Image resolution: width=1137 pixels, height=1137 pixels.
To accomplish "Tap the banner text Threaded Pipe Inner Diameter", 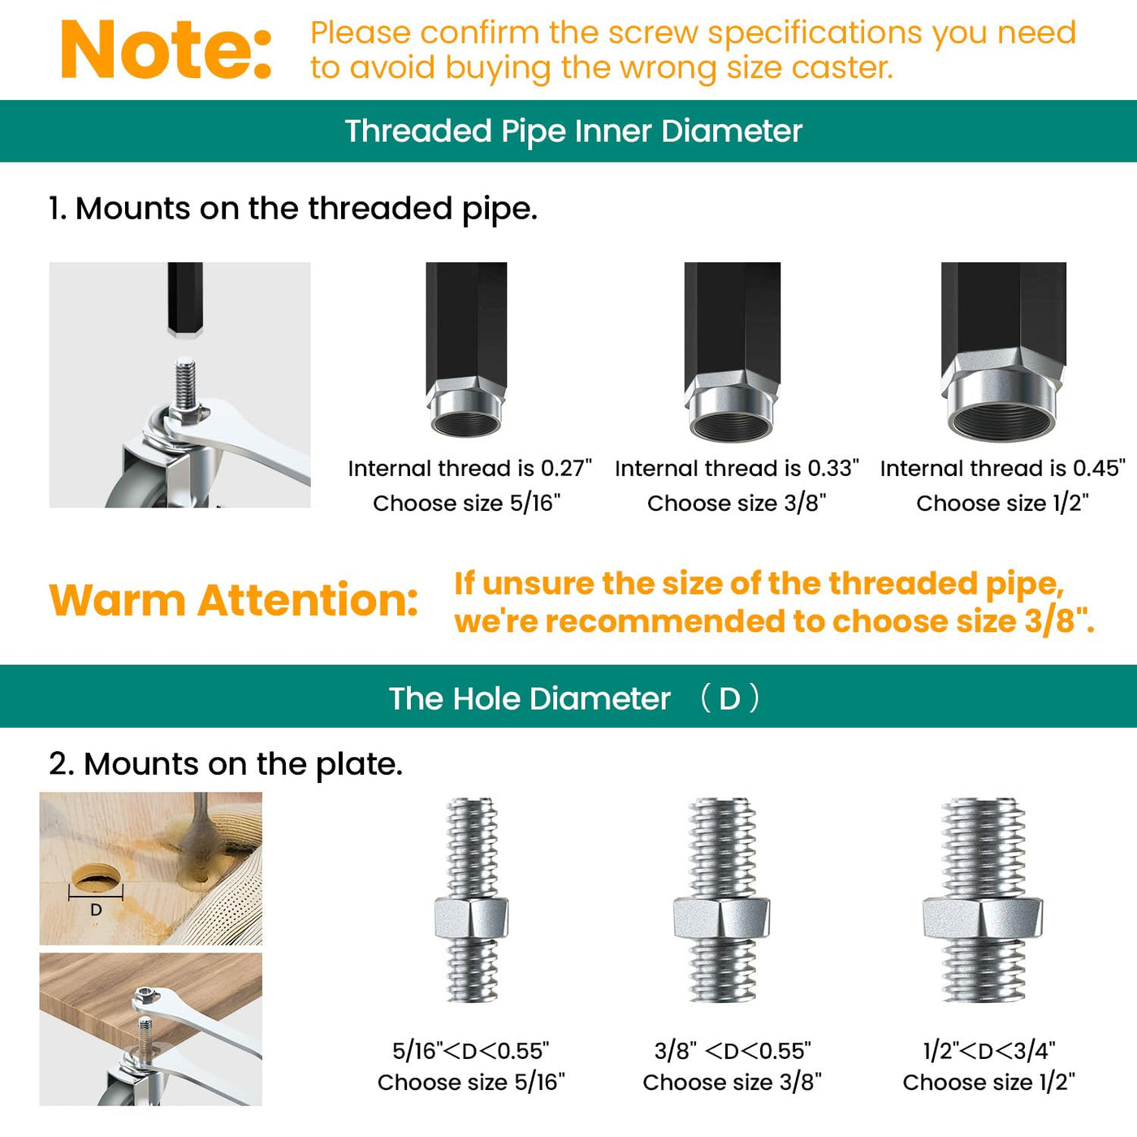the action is point(573,131).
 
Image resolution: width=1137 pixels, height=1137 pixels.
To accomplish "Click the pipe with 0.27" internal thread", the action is point(466,349).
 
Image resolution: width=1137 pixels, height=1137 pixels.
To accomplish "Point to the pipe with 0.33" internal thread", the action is point(733,352).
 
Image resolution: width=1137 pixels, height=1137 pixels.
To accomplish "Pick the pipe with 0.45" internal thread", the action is point(1003,352).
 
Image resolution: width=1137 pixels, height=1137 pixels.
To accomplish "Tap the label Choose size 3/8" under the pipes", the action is point(737,503).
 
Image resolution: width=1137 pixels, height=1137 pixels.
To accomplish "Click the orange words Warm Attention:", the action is point(234,600).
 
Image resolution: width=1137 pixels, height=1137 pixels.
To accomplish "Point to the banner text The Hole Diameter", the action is point(530,698).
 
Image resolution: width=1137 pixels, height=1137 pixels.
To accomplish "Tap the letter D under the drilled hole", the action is point(96,910).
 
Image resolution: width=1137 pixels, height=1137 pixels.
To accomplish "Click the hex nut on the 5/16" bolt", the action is point(471,918).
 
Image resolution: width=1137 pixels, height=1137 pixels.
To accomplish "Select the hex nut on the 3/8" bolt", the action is point(722,918).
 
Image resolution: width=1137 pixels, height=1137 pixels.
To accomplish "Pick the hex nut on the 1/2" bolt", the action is point(983,918).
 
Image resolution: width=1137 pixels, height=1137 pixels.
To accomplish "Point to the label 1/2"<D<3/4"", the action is point(989,1050).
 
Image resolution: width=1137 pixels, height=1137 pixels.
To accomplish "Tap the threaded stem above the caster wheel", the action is point(185,383).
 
